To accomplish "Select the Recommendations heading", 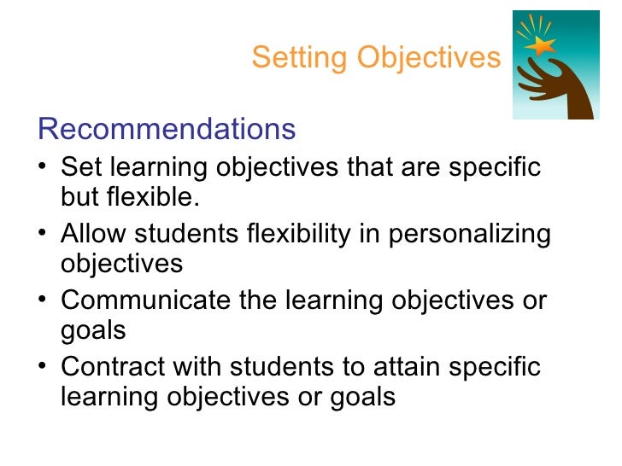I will point(167,130).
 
